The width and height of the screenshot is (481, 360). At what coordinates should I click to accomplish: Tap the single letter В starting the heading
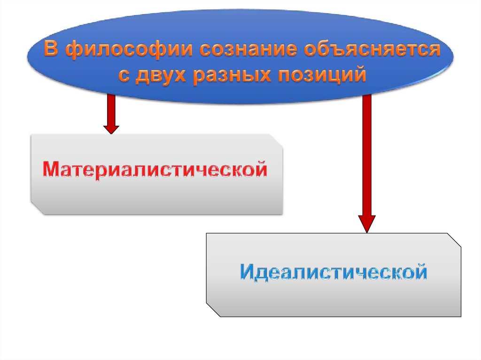pyautogui.click(x=51, y=50)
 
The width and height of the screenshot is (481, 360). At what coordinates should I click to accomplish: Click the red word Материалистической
pyautogui.click(x=155, y=169)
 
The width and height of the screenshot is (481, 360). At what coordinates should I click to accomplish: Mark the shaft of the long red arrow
pyautogui.click(x=367, y=155)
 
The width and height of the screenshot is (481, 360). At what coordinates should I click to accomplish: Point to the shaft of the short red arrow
pyautogui.click(x=111, y=108)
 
